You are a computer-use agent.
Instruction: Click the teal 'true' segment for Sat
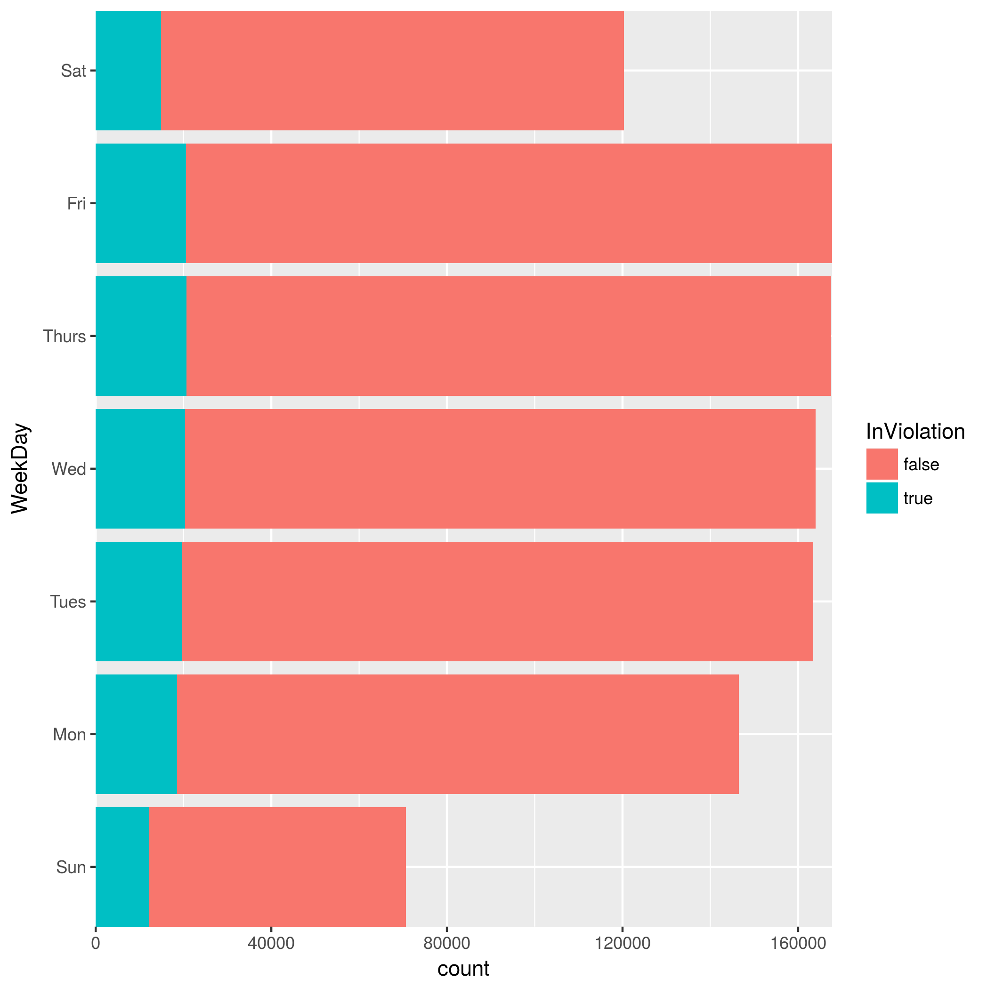128,71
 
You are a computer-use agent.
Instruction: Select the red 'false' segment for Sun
277,867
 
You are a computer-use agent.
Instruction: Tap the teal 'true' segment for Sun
122,867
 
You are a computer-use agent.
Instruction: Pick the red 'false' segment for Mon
457,734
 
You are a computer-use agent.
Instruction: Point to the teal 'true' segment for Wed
140,468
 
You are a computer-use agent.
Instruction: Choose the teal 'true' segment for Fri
140,203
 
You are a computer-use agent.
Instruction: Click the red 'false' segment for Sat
392,71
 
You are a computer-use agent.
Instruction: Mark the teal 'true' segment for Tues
138,602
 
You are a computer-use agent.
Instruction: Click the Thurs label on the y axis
65,336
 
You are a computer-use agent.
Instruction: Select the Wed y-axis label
68,468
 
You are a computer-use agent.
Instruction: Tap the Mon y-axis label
69,734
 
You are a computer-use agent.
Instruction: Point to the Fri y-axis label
76,203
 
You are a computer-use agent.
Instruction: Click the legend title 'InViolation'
915,432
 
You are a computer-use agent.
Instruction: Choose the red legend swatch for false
882,464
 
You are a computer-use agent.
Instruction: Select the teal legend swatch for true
882,498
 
